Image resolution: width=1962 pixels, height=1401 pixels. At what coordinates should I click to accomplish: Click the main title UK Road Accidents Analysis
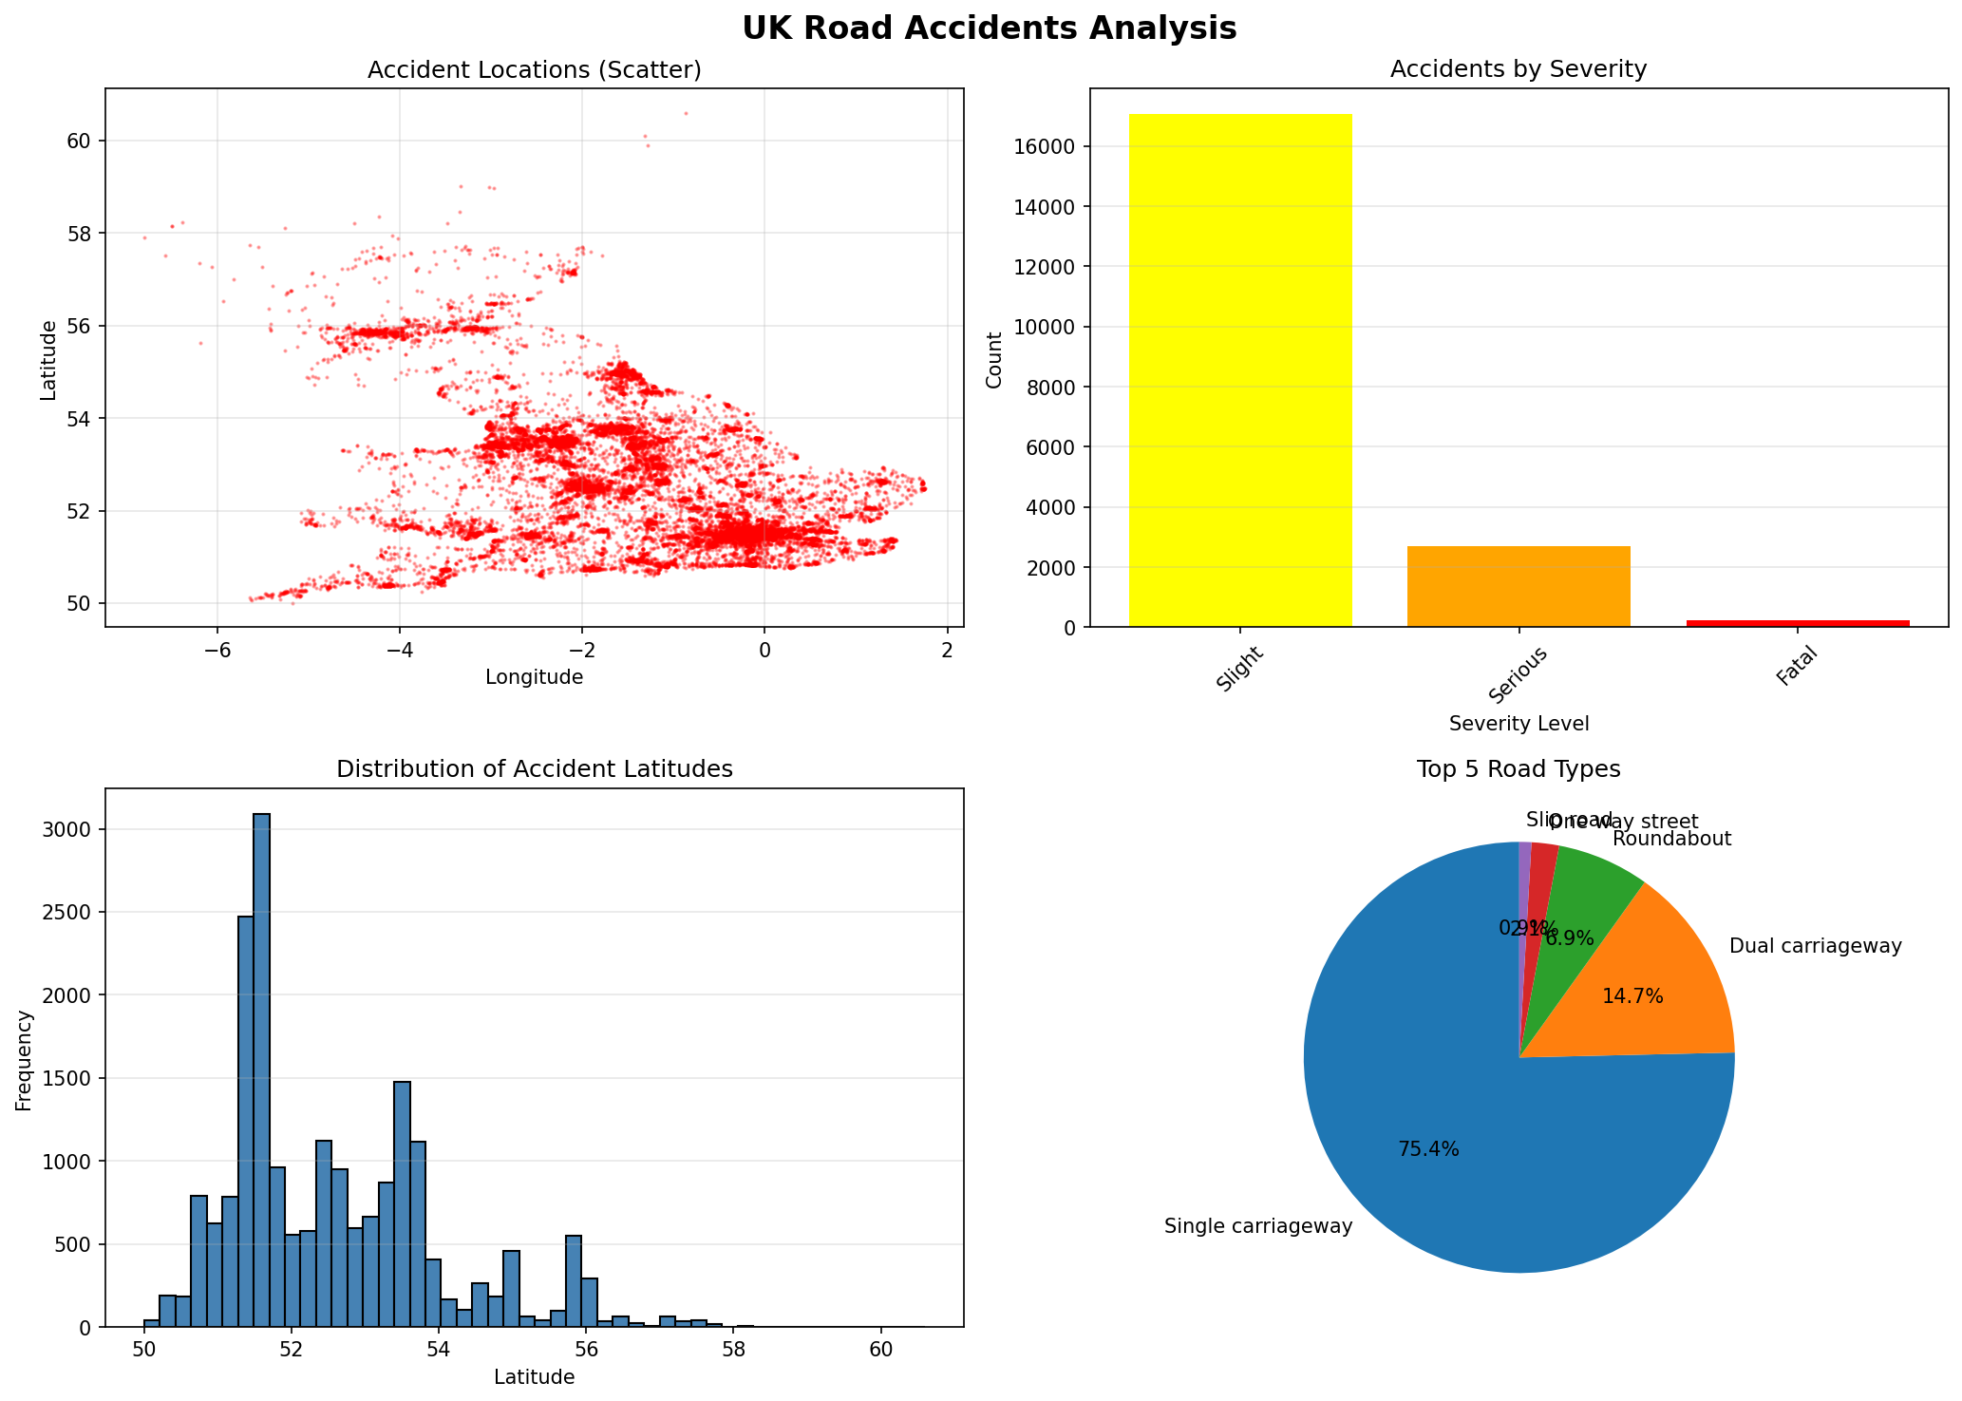[989, 28]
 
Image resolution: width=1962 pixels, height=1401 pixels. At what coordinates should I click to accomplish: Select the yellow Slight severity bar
[1239, 370]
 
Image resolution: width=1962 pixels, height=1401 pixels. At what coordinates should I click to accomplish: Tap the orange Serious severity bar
[1518, 587]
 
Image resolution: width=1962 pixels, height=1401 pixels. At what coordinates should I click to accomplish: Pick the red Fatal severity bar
[1797, 623]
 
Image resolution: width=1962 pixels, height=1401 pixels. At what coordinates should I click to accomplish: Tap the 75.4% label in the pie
[1428, 1149]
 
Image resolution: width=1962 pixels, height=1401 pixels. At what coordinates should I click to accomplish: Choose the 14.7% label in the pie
[1632, 996]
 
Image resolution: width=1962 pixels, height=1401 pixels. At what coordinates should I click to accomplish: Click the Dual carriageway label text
[1815, 947]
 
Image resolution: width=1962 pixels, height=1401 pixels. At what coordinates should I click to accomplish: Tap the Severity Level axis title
[1519, 724]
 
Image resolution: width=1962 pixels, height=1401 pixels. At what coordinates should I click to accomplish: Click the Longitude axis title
[534, 677]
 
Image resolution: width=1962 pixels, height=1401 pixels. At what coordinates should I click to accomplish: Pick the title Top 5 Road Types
[1518, 769]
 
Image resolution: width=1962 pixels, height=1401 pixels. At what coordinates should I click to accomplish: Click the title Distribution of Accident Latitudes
[534, 769]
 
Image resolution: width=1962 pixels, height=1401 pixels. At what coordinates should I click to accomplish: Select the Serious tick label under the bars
[1518, 676]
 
